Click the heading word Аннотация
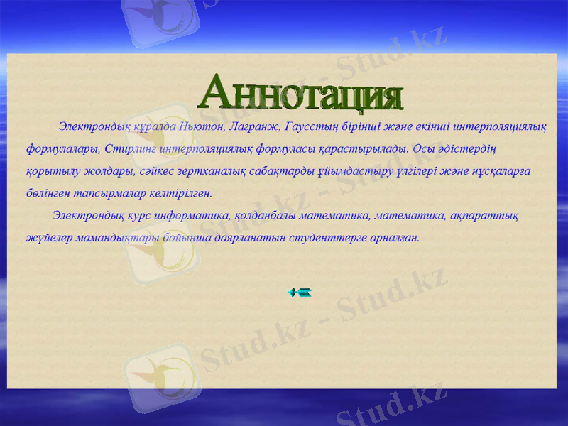pyautogui.click(x=302, y=93)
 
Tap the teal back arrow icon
pyautogui.click(x=300, y=292)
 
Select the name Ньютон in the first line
pyautogui.click(x=201, y=127)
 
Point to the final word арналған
pyautogui.click(x=395, y=237)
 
